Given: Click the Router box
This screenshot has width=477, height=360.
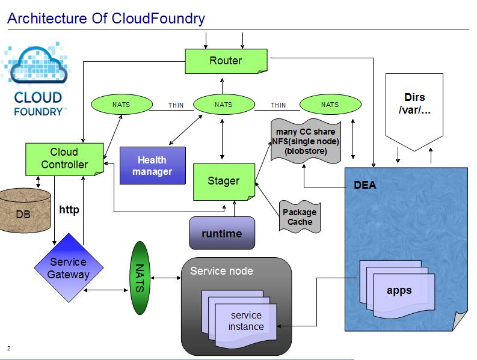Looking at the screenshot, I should click(226, 61).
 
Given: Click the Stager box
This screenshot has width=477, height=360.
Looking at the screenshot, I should click(223, 182).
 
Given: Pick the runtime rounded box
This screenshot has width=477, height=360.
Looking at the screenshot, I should click(222, 233).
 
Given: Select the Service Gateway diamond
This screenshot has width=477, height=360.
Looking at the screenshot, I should click(69, 269).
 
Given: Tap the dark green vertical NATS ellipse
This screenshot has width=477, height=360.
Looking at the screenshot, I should click(140, 278).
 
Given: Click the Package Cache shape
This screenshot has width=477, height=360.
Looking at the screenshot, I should click(300, 217).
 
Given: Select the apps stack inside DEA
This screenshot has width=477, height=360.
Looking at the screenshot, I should click(398, 290).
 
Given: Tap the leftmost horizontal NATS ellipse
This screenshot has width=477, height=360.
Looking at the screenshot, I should click(121, 105).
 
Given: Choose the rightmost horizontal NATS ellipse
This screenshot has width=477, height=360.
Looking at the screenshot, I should click(330, 105).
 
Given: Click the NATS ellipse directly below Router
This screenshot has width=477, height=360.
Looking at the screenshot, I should click(223, 105).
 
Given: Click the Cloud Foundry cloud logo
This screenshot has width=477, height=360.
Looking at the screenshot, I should click(38, 78).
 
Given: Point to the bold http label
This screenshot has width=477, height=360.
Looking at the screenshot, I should click(69, 210).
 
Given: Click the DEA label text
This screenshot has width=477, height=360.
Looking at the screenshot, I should click(365, 185).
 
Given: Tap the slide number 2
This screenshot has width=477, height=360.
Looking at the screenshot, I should click(9, 348).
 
